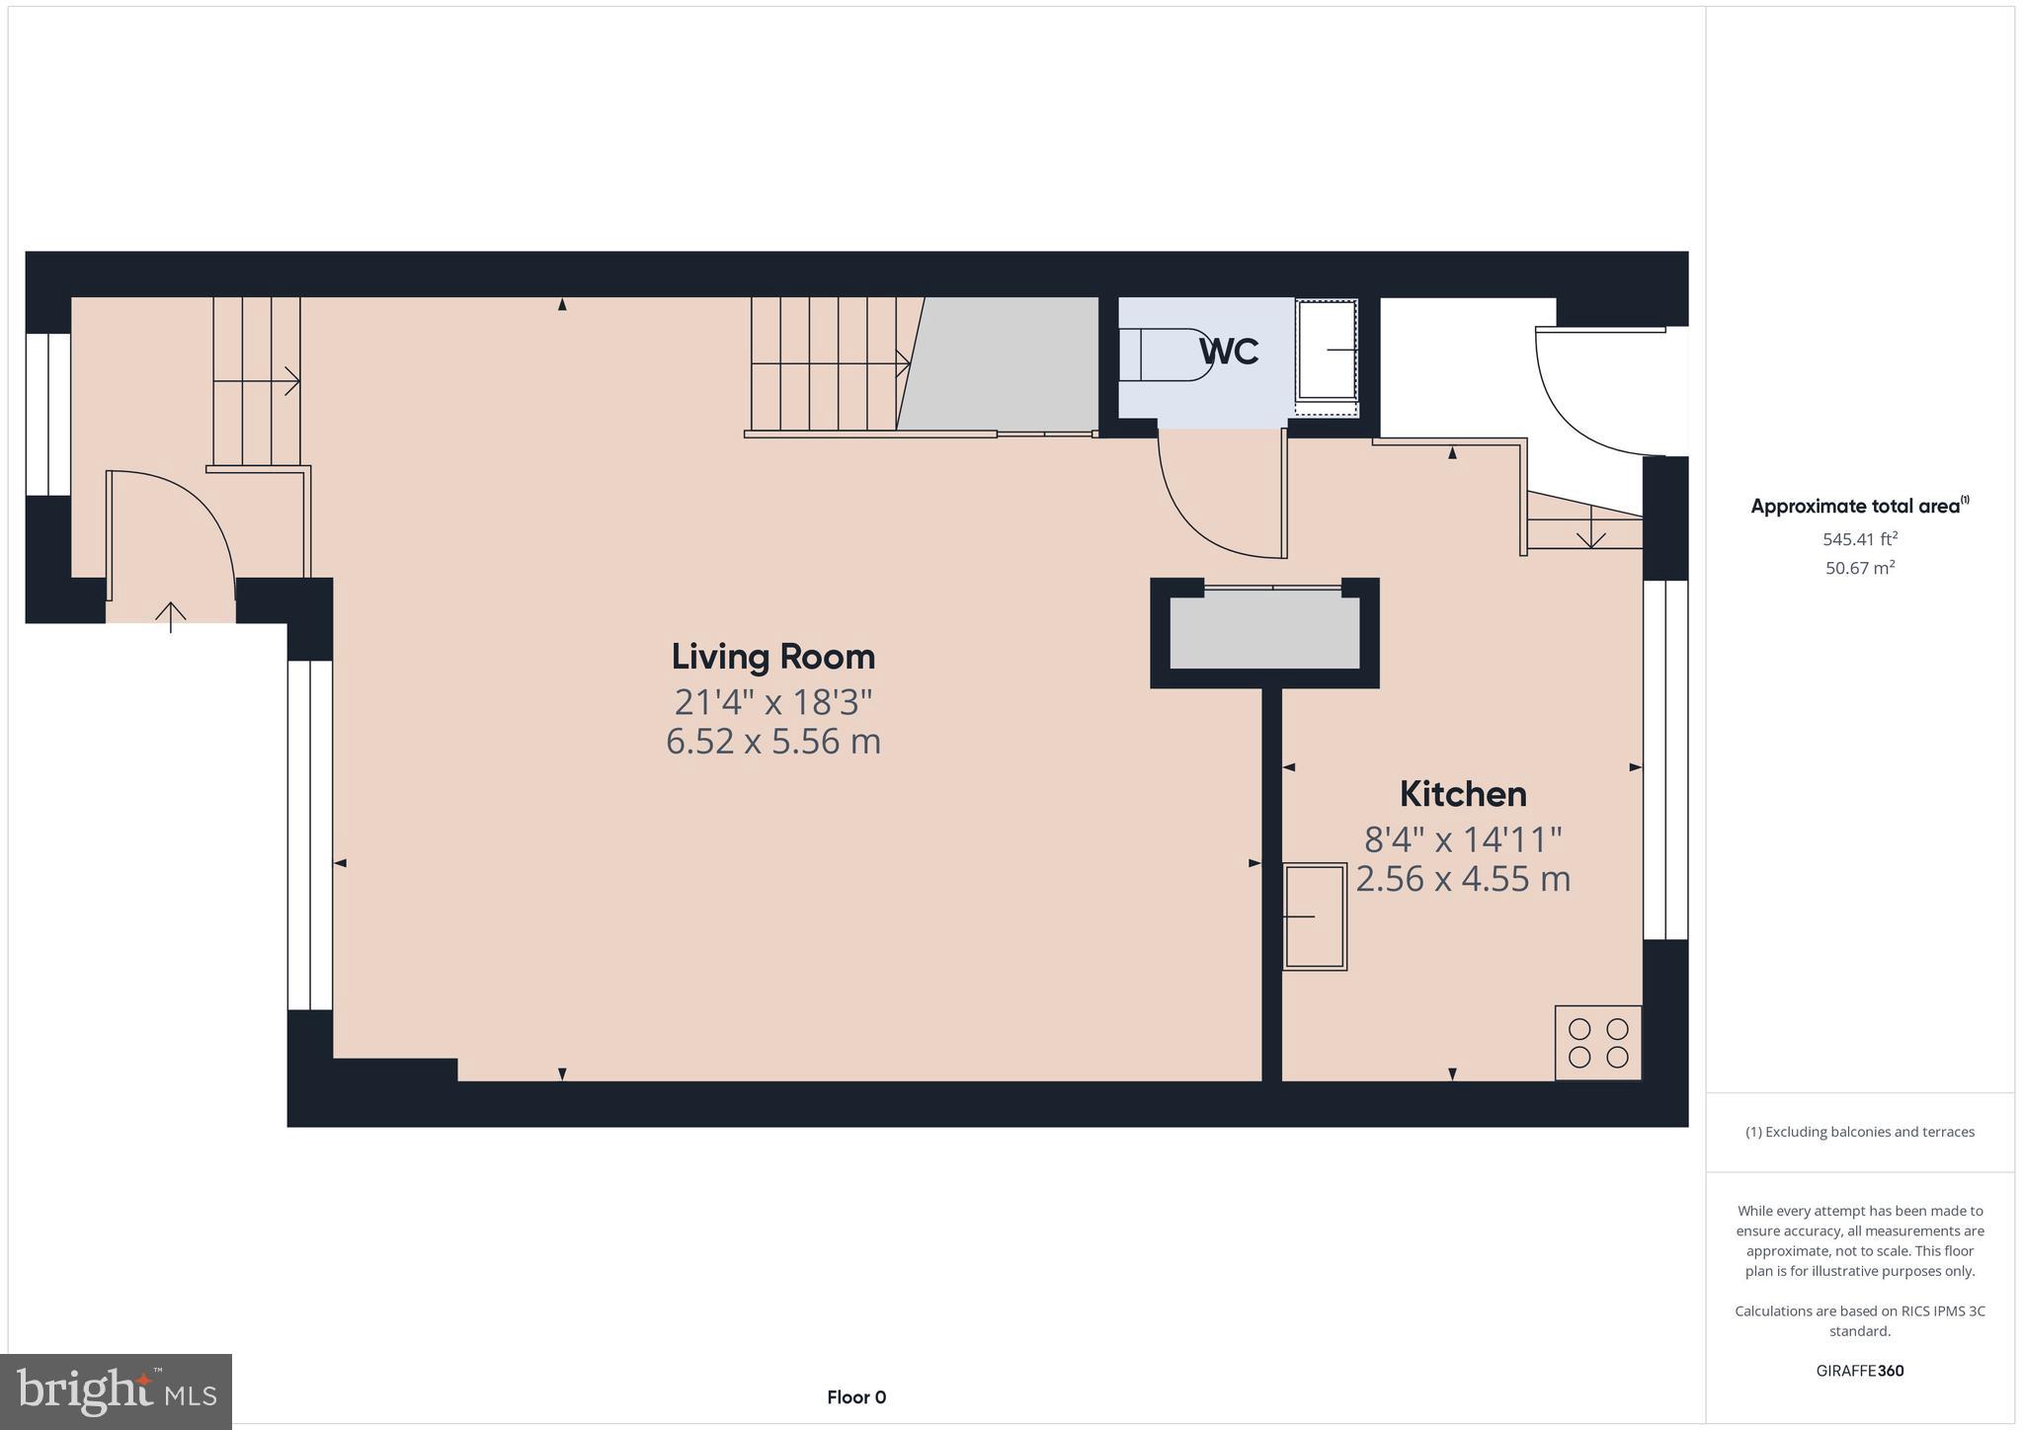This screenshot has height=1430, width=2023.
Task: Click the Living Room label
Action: coord(772,657)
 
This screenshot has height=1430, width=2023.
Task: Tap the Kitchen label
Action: coord(1462,794)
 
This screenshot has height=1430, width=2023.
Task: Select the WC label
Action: coord(1229,352)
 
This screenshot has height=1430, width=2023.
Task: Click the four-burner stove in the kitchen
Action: coord(1597,1043)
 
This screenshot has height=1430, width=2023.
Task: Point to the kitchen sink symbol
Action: coord(1314,916)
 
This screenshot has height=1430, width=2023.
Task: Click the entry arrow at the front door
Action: coord(171,616)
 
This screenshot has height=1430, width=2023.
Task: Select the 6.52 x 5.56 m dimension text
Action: coord(772,742)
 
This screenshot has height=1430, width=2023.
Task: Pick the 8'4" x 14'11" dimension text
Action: coord(1462,840)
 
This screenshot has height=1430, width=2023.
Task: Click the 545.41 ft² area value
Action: coord(1859,539)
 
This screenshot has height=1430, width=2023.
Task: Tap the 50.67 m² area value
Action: coord(1859,568)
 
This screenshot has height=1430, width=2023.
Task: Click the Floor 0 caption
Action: coord(855,1397)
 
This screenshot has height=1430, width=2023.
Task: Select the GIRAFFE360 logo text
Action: coord(1859,1371)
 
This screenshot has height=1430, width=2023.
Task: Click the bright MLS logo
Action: coord(117,1391)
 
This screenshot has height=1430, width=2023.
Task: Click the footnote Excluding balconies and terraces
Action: coord(1859,1132)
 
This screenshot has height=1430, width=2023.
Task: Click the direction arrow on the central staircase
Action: coord(901,363)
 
